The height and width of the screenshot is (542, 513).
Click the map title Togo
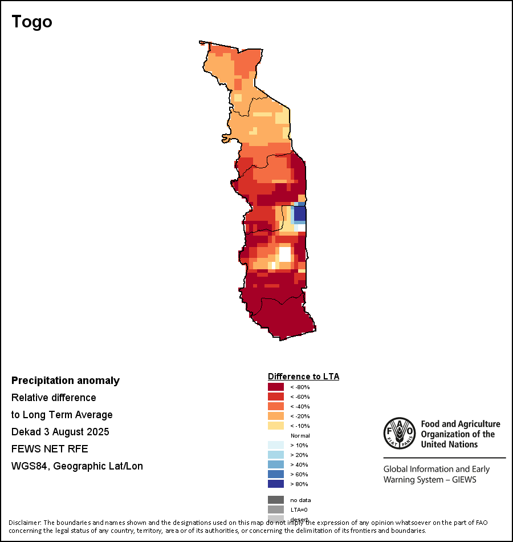coord(32,22)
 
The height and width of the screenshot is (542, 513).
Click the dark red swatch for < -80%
coord(276,387)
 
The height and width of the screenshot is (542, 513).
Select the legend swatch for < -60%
coord(276,397)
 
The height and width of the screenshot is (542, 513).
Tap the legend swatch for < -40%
coord(276,406)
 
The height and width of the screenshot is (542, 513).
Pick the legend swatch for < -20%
coord(276,416)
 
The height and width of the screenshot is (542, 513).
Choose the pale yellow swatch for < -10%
coord(276,426)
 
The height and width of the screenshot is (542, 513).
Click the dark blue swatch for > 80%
coord(276,484)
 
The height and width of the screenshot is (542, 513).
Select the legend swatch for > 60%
coord(276,474)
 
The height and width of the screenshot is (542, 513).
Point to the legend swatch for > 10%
coord(276,445)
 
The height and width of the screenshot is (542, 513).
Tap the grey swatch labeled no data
coord(276,500)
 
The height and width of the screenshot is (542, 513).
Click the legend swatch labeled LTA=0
coord(276,509)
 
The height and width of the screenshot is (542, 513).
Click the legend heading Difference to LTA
coord(303,377)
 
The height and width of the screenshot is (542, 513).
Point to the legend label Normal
coord(300,435)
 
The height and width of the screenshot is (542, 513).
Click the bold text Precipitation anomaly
coord(66,381)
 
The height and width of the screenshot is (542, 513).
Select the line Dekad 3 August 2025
coord(60,432)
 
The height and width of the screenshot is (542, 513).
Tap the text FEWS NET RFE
coord(50,449)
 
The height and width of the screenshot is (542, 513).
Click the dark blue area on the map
coord(300,215)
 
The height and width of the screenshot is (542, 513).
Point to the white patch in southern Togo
coord(284,253)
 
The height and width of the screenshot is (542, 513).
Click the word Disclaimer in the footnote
coord(24,523)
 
